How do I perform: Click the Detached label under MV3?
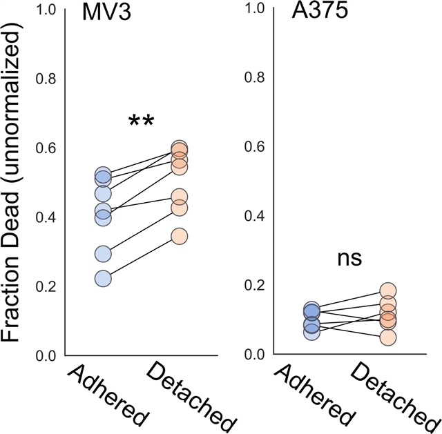(x=191, y=397)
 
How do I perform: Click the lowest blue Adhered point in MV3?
(x=103, y=279)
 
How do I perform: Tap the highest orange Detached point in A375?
(x=388, y=290)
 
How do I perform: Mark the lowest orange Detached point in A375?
(x=388, y=337)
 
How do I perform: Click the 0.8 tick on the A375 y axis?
(x=256, y=79)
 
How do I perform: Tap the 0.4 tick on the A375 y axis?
(x=256, y=217)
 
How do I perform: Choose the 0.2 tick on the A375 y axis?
(x=256, y=286)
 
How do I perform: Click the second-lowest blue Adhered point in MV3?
(x=103, y=254)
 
